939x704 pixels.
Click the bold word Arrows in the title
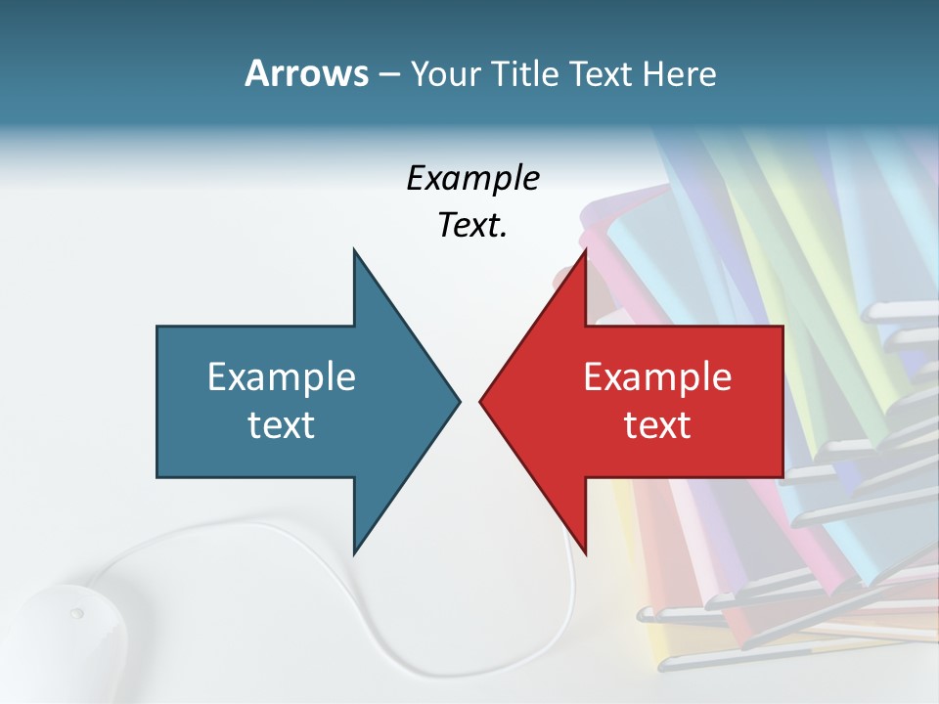pyautogui.click(x=306, y=73)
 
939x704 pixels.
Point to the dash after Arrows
pyautogui.click(x=388, y=74)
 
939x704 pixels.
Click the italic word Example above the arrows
pyautogui.click(x=472, y=179)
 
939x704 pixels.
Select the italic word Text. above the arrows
pyautogui.click(x=472, y=226)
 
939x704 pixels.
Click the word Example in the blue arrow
pyautogui.click(x=281, y=376)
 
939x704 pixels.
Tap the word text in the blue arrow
pyautogui.click(x=281, y=424)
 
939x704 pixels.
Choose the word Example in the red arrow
pyautogui.click(x=657, y=376)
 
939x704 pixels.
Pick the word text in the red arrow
pyautogui.click(x=657, y=424)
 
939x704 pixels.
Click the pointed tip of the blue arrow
pyautogui.click(x=459, y=401)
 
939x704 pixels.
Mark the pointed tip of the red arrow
pyautogui.click(x=480, y=401)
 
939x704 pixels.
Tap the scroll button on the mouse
pyautogui.click(x=75, y=614)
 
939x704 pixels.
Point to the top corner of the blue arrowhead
pyautogui.click(x=354, y=250)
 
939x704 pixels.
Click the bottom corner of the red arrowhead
pyautogui.click(x=585, y=553)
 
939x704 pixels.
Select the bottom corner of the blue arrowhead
pyautogui.click(x=354, y=553)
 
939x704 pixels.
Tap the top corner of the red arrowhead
pyautogui.click(x=585, y=250)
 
